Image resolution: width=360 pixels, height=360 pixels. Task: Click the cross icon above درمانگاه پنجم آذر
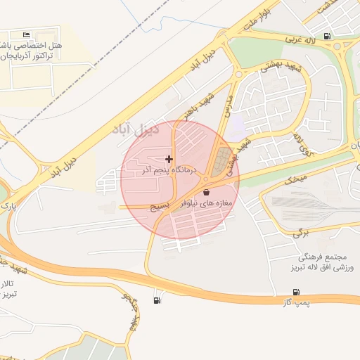click(169, 160)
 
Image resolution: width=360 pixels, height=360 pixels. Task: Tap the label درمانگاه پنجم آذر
click(169, 171)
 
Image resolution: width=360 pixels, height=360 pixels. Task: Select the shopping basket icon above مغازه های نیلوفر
click(206, 192)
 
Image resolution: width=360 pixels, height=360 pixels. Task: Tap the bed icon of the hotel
click(27, 35)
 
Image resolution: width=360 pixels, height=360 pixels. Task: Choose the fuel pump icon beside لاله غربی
click(326, 36)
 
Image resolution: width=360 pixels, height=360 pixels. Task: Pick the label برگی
click(300, 231)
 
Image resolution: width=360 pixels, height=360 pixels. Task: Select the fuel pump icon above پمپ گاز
click(295, 292)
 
